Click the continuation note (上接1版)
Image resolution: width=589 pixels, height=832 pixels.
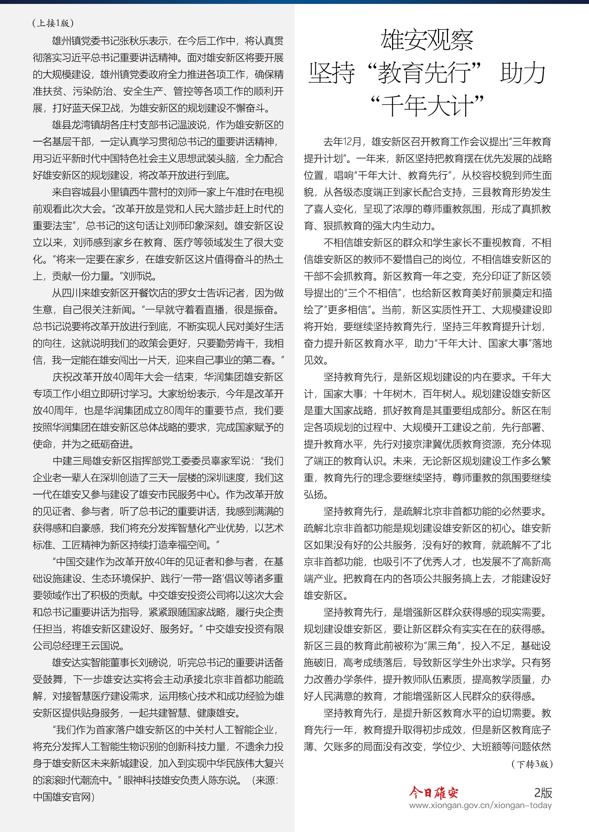pos(53,23)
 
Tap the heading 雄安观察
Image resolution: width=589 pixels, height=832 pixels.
pos(427,40)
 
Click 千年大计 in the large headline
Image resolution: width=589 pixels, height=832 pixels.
pos(427,106)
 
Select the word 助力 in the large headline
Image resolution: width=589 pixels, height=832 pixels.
pos(523,73)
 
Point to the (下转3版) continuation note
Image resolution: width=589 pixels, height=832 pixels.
pos(532,764)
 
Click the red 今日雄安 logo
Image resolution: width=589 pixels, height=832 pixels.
pos(434,793)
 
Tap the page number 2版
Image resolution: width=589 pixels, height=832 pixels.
pos(543,793)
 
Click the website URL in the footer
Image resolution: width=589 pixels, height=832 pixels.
pos(480,805)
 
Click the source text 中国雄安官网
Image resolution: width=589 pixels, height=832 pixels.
pos(62,796)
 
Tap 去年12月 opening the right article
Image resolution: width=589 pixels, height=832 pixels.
pos(342,142)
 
